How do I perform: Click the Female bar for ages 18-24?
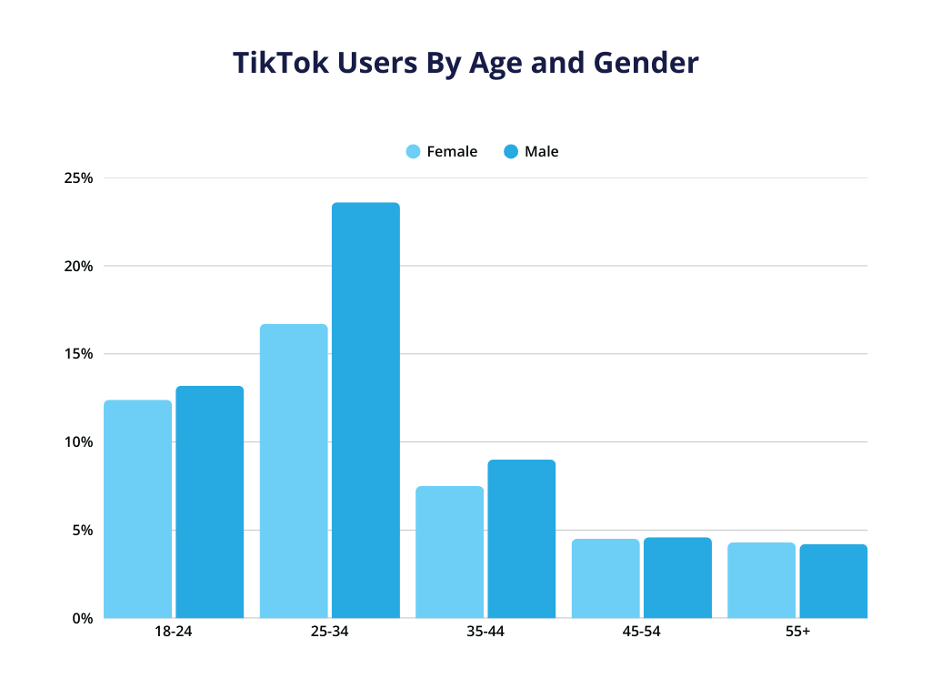tap(137, 509)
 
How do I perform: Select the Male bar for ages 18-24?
tap(209, 501)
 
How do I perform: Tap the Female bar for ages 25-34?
tap(294, 471)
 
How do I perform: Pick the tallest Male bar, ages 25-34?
tap(365, 410)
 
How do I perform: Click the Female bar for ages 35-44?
tap(449, 552)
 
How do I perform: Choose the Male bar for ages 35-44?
tap(521, 539)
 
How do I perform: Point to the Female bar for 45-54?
tap(606, 578)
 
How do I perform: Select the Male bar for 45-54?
tap(677, 577)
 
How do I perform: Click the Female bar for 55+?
tap(761, 580)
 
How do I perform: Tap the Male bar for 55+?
tap(833, 581)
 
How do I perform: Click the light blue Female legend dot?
tap(414, 152)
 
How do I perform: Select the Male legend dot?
tap(511, 152)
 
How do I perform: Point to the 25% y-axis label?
tap(78, 178)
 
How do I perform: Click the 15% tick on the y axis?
tap(78, 354)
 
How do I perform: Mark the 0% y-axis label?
tap(82, 619)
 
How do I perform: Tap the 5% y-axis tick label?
tap(82, 531)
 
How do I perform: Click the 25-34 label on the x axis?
tap(329, 632)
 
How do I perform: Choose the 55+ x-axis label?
tap(797, 632)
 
